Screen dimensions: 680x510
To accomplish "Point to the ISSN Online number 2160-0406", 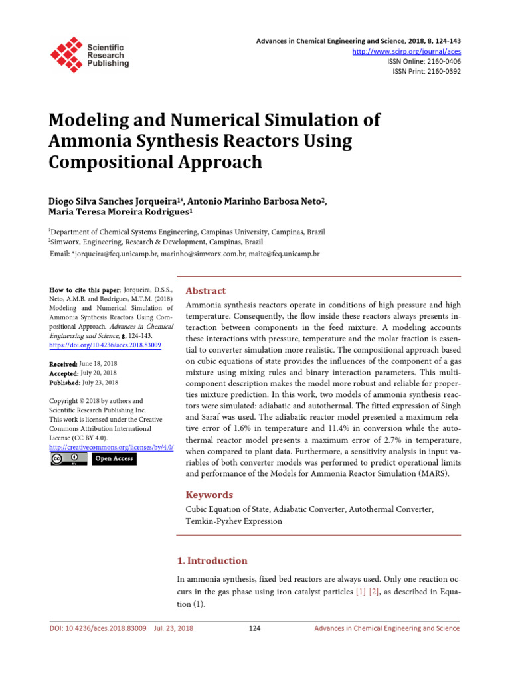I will (x=442, y=61).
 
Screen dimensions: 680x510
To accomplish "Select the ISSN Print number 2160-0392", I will (x=442, y=71).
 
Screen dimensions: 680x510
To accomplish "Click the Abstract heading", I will (x=205, y=291).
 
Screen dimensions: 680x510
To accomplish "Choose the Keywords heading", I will (x=209, y=495).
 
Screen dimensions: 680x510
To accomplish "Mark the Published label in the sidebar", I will (x=64, y=382).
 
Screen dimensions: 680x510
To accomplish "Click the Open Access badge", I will (x=114, y=458).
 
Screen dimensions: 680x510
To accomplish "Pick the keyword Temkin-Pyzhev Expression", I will (x=233, y=521).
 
